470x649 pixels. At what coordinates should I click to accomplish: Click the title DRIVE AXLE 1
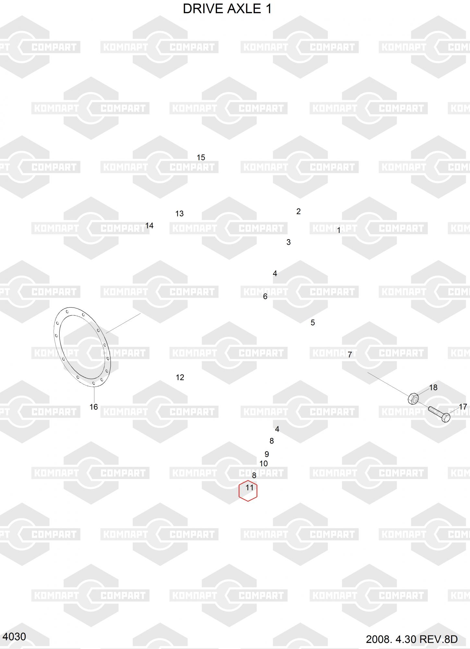(x=227, y=9)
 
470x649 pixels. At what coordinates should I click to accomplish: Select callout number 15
(x=201, y=157)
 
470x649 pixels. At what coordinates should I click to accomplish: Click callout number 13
(x=179, y=214)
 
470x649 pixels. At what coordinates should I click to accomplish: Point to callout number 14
(x=149, y=226)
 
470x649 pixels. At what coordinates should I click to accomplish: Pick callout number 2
(x=298, y=211)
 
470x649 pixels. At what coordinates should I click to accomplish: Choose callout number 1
(x=339, y=230)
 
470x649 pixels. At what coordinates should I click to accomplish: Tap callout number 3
(x=288, y=242)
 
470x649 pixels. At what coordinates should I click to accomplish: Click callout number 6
(x=265, y=296)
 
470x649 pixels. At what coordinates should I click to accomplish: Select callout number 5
(x=313, y=323)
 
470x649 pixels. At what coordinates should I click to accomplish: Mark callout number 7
(x=350, y=355)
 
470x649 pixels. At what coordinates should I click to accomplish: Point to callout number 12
(x=180, y=377)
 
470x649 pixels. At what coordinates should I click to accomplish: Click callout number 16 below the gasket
(x=94, y=407)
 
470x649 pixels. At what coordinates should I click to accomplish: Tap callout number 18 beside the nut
(x=433, y=387)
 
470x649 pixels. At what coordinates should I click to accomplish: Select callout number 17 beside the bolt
(x=463, y=407)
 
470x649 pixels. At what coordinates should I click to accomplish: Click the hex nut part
(x=413, y=398)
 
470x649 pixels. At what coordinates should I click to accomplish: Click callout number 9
(x=267, y=454)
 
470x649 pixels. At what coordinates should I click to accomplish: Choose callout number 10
(x=263, y=464)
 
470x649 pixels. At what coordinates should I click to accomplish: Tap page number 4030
(x=14, y=637)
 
